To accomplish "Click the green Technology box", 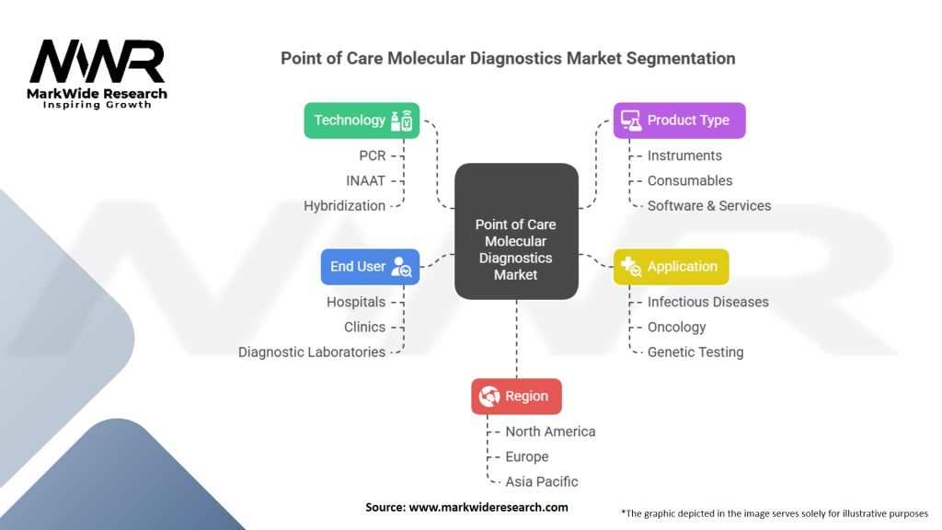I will tap(362, 121).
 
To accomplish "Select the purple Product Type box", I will tap(679, 121).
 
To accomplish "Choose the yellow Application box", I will tap(671, 267).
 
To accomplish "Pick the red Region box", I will tap(515, 397).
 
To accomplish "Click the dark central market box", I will tap(515, 232).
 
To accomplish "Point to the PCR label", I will tap(372, 156).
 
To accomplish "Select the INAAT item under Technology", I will tap(366, 180).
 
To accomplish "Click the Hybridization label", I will tap(344, 205).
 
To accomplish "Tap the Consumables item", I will tap(690, 180).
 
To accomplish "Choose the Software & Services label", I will tap(709, 205).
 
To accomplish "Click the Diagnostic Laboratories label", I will tap(312, 351).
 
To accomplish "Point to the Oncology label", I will tap(676, 327).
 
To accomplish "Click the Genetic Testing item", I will tap(695, 351).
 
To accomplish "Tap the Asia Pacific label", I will tap(542, 481).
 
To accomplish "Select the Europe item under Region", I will tap(527, 456).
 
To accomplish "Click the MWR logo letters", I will tap(98, 63).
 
